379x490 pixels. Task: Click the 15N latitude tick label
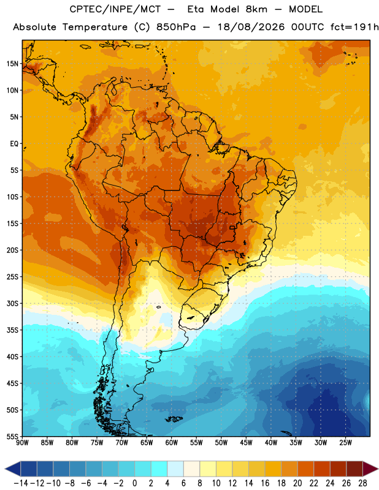coord(13,64)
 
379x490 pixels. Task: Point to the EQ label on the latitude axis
coord(14,144)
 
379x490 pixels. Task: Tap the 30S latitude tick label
coord(13,303)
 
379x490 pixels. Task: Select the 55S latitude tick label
coord(13,436)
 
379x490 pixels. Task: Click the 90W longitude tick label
coord(22,443)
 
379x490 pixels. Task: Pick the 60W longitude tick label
coord(172,443)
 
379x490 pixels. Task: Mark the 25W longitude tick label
coord(345,443)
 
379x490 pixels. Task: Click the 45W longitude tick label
coord(246,443)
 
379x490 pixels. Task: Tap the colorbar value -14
coord(21,483)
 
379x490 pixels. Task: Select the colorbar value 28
coord(362,483)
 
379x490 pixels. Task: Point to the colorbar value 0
coord(134,483)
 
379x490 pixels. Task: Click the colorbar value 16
coord(265,483)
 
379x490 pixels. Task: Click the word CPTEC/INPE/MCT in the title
coord(115,9)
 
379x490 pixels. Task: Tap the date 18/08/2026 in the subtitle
coord(251,27)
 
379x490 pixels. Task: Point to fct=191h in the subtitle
coord(354,27)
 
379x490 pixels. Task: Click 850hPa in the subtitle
coord(176,27)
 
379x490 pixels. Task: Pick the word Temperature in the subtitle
coord(95,28)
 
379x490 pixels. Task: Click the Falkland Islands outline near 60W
coord(174,419)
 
